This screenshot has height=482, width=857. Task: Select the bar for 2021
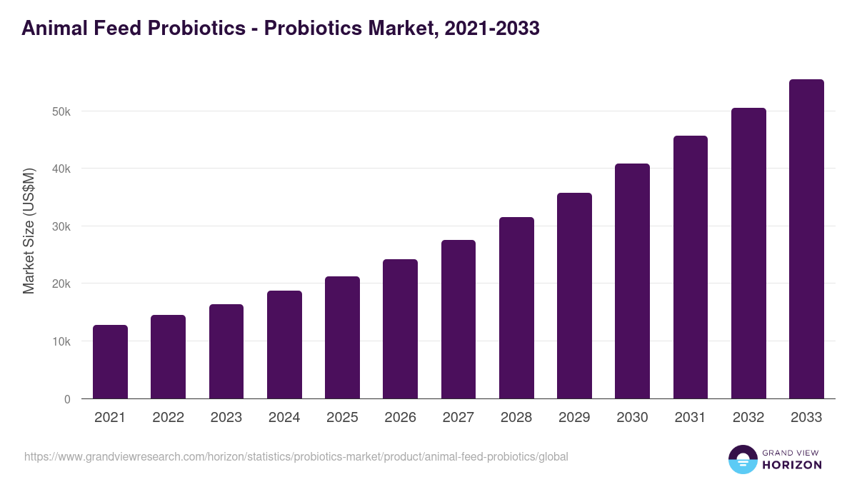(x=110, y=362)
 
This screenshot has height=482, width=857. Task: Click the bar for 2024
(x=284, y=345)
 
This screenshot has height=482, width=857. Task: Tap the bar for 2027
(x=458, y=319)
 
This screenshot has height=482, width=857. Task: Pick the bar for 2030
(x=632, y=281)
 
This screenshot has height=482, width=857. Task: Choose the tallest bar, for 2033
(x=806, y=239)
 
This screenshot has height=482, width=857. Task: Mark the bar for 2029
(x=574, y=296)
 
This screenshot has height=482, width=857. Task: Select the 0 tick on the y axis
(x=67, y=399)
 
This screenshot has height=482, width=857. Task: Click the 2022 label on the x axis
(x=168, y=418)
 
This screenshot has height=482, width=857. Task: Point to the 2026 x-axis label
(x=400, y=418)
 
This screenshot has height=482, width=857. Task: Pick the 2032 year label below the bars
(x=748, y=418)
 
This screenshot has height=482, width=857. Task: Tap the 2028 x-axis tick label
(x=516, y=418)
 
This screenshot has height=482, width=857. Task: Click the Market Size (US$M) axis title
(x=29, y=231)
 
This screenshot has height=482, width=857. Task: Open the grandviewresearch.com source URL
(x=296, y=456)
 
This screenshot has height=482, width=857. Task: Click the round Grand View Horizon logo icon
(x=742, y=459)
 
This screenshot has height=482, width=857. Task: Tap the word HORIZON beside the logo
(x=792, y=465)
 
